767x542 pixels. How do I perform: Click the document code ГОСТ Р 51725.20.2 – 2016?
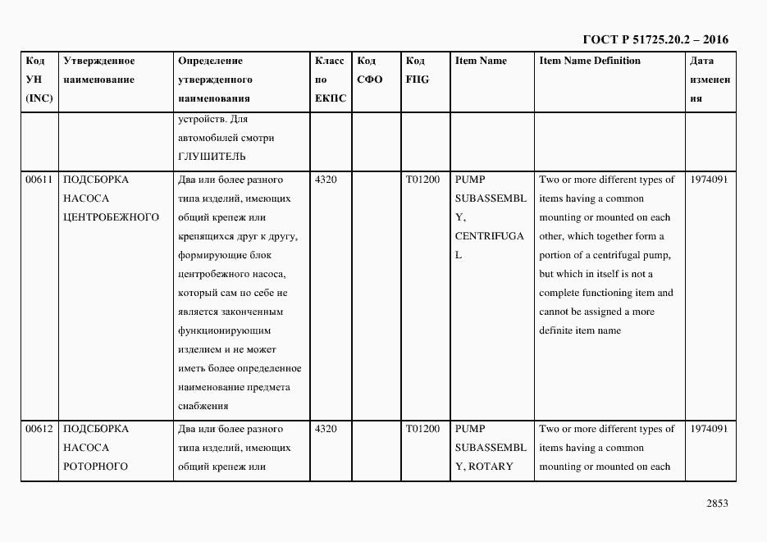[655, 39]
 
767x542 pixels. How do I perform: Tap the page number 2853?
[715, 503]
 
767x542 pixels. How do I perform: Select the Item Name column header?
[481, 61]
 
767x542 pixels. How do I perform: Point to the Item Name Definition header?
[590, 61]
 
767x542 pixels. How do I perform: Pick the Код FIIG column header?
[417, 71]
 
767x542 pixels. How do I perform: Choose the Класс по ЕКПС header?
[330, 80]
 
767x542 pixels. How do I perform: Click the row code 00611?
[39, 180]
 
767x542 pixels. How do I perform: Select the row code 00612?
[39, 429]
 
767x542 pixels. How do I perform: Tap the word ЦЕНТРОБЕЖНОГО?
[111, 217]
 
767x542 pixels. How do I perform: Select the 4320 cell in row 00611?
[326, 180]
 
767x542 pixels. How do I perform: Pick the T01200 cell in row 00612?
[422, 429]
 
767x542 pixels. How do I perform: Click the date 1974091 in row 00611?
[709, 180]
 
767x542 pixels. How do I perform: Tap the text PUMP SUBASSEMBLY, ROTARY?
[490, 448]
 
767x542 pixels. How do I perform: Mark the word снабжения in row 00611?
[202, 406]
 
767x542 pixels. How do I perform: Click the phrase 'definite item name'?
[580, 330]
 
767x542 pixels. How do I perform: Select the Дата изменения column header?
[710, 80]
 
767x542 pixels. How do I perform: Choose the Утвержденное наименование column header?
[99, 71]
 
